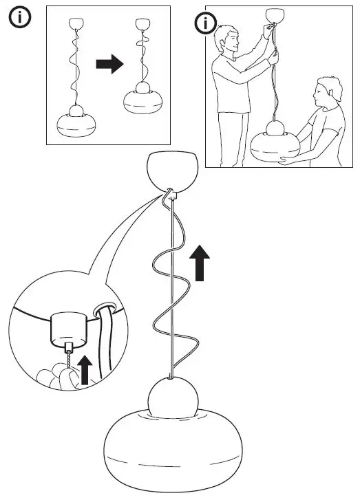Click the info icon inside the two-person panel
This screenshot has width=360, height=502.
point(205,24)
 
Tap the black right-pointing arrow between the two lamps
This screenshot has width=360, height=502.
point(108,64)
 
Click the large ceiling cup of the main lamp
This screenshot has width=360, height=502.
point(173,171)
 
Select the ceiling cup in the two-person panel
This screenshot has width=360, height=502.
point(275,14)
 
